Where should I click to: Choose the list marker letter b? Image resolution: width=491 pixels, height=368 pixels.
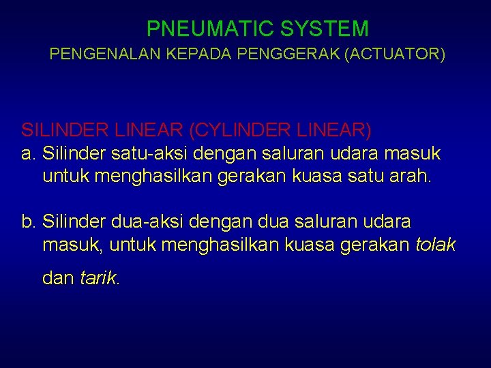click(28, 222)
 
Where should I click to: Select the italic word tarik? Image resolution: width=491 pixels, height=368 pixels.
click(100, 278)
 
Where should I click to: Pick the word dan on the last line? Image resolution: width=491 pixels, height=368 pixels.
click(59, 278)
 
